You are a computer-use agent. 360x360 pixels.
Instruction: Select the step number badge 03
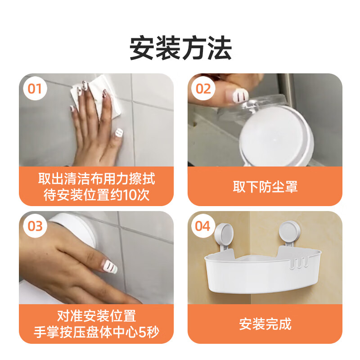click(x=35, y=226)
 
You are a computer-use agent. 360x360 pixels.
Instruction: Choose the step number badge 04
click(x=203, y=226)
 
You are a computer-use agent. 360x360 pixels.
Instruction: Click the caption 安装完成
click(x=265, y=324)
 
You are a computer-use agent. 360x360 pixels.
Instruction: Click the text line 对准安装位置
click(x=96, y=315)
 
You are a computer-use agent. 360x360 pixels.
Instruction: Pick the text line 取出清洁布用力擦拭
click(x=96, y=179)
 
